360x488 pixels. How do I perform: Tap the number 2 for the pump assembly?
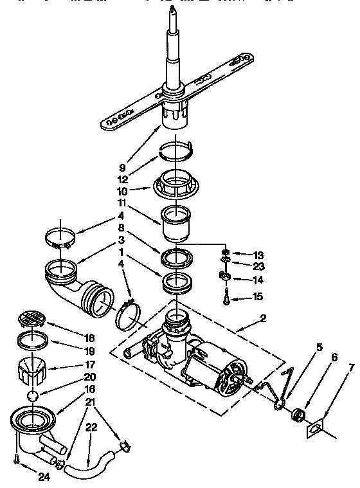point(263,318)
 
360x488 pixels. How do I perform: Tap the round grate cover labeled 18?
point(32,318)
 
